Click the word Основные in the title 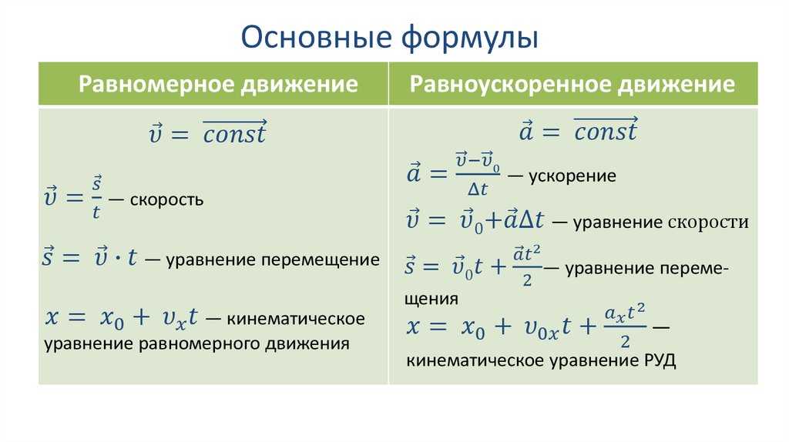tap(317, 37)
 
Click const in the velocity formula tap(234, 132)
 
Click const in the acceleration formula tap(606, 130)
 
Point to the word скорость tap(166, 199)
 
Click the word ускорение tap(572, 176)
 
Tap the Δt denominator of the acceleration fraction tap(478, 189)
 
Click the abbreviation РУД tap(660, 360)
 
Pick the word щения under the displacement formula tap(425, 300)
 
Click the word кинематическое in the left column tap(295, 319)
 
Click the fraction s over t tap(96, 197)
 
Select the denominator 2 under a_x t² tap(625, 342)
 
